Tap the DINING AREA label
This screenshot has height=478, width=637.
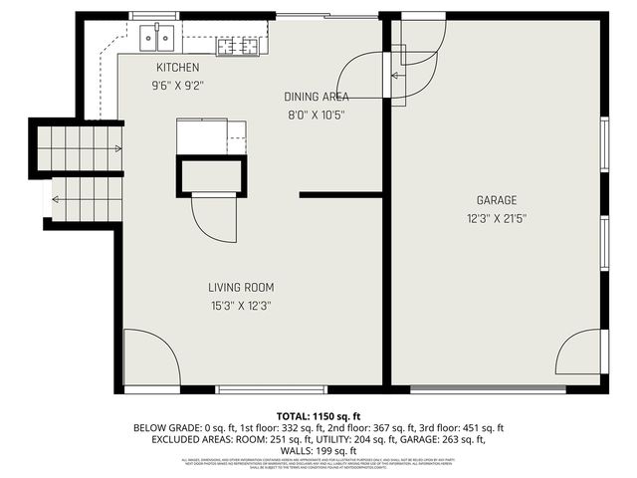click(x=316, y=97)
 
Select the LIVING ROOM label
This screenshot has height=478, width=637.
click(x=241, y=289)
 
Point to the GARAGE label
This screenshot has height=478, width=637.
click(x=496, y=200)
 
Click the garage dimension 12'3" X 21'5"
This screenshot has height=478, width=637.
click(x=496, y=218)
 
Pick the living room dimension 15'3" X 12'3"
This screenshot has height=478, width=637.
click(x=241, y=307)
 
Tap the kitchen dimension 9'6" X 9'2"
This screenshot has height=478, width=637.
click(x=177, y=85)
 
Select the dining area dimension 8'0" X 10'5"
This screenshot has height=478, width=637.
click(x=316, y=115)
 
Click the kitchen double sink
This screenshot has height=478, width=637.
click(x=158, y=39)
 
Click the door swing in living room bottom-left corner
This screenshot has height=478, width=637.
click(x=150, y=357)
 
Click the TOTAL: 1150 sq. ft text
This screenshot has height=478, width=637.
click(x=318, y=415)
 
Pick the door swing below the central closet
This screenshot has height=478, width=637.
click(x=213, y=218)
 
